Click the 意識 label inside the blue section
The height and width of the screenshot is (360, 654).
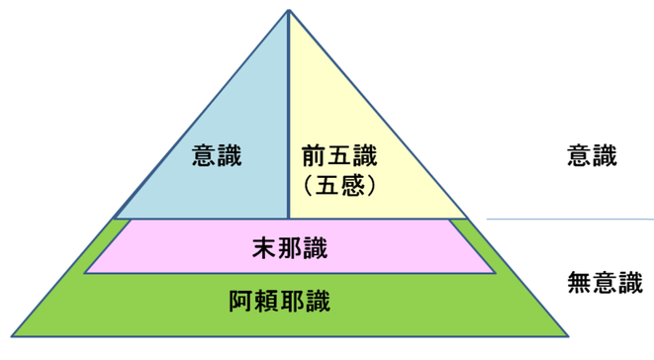pos(217,155)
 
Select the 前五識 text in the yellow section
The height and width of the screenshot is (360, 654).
pos(339,155)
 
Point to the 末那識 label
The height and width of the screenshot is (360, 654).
pos(290,247)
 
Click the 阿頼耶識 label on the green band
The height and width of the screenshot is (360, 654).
pos(290,299)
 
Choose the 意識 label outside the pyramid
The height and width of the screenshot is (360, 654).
pos(592,155)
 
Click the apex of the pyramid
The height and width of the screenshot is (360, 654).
pos(289,11)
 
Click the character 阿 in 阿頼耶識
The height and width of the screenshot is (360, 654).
pos(241,299)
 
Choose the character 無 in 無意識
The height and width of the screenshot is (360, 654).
pos(580,283)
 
